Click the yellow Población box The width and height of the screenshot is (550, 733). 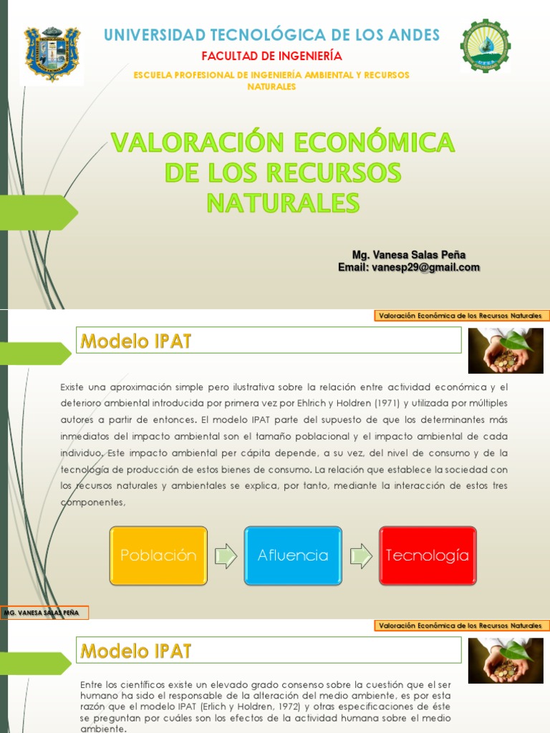(158, 555)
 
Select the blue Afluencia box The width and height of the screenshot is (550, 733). (293, 555)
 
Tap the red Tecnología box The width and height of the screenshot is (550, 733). (428, 555)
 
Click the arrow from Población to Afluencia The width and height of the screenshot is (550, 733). (226, 556)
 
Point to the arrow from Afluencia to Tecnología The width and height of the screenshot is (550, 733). (360, 556)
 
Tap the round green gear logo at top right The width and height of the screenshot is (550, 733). (486, 47)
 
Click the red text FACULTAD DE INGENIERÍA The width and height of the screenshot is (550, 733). (271, 56)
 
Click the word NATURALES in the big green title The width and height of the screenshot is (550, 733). (283, 203)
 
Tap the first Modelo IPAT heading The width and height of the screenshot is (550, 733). (136, 341)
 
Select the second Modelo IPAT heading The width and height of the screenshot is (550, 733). (136, 651)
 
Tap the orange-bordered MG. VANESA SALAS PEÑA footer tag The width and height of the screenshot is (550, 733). (45, 613)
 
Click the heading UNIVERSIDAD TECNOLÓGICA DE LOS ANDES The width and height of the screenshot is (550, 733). (272, 34)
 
